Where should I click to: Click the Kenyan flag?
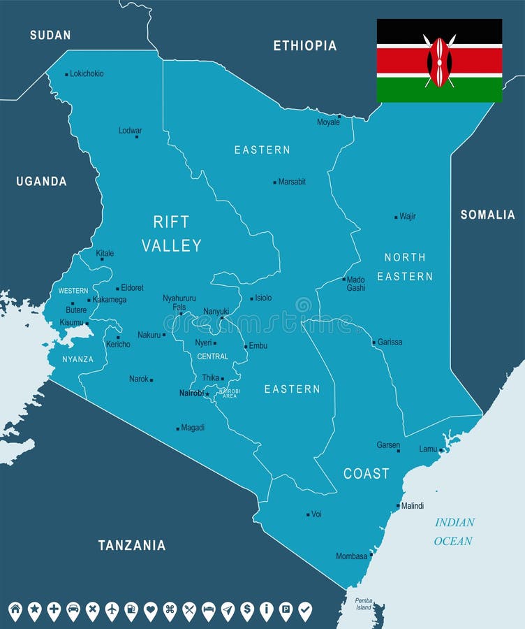click(x=439, y=61)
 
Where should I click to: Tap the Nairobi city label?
click(x=191, y=393)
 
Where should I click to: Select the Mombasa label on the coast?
click(x=351, y=556)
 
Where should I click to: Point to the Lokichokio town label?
click(x=87, y=73)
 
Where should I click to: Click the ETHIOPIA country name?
click(x=304, y=46)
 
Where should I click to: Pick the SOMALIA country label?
click(x=487, y=215)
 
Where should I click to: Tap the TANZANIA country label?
click(x=132, y=545)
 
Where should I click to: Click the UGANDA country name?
click(x=42, y=182)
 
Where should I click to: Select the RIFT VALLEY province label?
click(x=171, y=233)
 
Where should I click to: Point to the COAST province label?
click(x=366, y=474)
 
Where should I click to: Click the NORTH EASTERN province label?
click(x=405, y=266)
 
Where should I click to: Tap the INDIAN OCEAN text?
click(x=454, y=531)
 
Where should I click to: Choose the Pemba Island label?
click(x=364, y=604)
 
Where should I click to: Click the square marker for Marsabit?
click(x=274, y=182)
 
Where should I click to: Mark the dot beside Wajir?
click(x=396, y=217)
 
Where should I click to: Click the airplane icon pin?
click(x=112, y=610)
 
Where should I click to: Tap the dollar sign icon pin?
click(x=247, y=610)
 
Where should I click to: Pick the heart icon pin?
click(x=150, y=610)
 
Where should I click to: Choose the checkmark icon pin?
click(x=305, y=610)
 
